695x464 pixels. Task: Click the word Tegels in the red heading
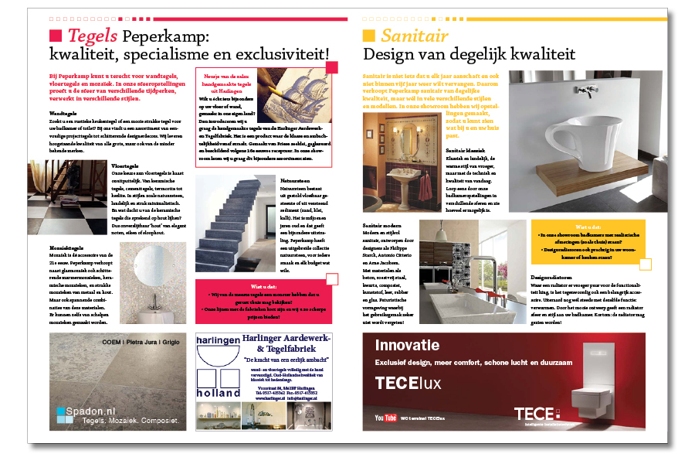[93, 36]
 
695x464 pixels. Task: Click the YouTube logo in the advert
[385, 418]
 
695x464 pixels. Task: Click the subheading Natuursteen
[293, 179]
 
